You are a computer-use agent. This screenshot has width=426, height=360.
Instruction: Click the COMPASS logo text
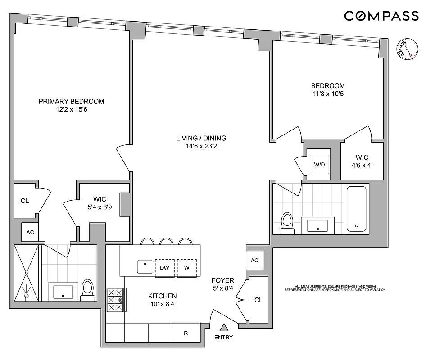click(x=381, y=16)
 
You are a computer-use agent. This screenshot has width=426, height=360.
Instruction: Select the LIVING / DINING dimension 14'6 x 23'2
click(x=201, y=146)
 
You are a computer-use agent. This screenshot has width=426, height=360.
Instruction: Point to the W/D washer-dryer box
click(x=319, y=164)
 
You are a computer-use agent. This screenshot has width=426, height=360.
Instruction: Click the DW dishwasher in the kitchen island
click(x=164, y=267)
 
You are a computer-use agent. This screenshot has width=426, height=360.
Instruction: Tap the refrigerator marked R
click(x=186, y=333)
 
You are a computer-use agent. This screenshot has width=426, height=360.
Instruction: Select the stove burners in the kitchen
click(x=115, y=299)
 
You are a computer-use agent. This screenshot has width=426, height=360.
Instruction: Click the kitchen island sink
click(x=145, y=266)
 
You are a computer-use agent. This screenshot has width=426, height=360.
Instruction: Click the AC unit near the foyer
click(x=254, y=261)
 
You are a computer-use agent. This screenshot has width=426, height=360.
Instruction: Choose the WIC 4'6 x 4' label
click(x=362, y=161)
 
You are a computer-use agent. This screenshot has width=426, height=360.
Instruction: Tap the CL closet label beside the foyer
click(x=258, y=300)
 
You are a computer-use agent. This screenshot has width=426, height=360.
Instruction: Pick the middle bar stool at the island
click(x=167, y=242)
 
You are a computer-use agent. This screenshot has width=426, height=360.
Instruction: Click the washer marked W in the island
click(x=186, y=267)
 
